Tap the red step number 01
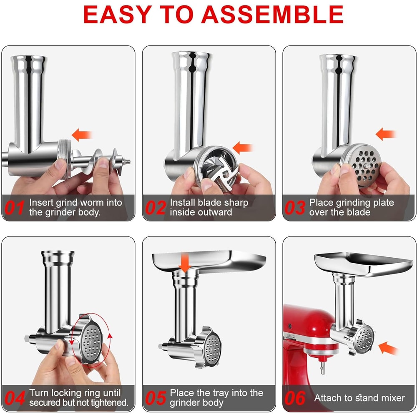(14, 208)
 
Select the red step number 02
(155, 208)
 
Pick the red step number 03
(295, 208)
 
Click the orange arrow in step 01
(82, 134)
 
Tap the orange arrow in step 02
(244, 147)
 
